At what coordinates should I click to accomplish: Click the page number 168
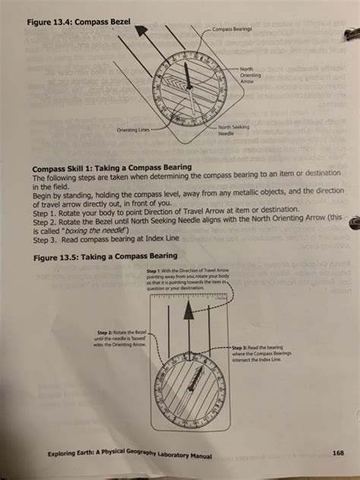[338, 453]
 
